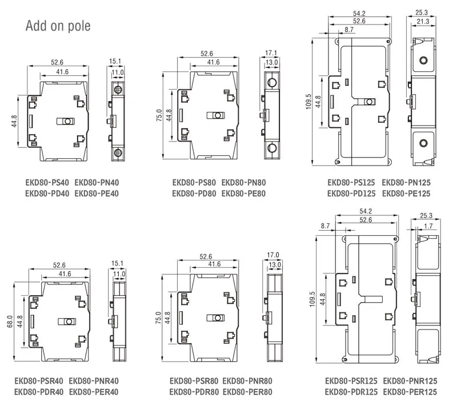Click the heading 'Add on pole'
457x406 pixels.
point(58,26)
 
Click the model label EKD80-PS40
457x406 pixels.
point(47,183)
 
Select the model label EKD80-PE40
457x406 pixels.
point(97,194)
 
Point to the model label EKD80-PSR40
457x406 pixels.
point(38,381)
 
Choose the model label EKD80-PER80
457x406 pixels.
point(247,392)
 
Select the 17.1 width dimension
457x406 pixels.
point(271,53)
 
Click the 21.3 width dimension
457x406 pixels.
point(422,21)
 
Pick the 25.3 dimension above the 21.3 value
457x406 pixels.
point(422,12)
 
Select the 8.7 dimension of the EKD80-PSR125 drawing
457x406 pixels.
point(326,226)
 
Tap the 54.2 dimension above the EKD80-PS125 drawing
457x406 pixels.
point(360,12)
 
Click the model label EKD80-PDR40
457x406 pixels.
point(38,392)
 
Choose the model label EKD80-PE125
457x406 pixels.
point(406,194)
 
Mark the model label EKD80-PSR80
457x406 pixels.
point(194,381)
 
